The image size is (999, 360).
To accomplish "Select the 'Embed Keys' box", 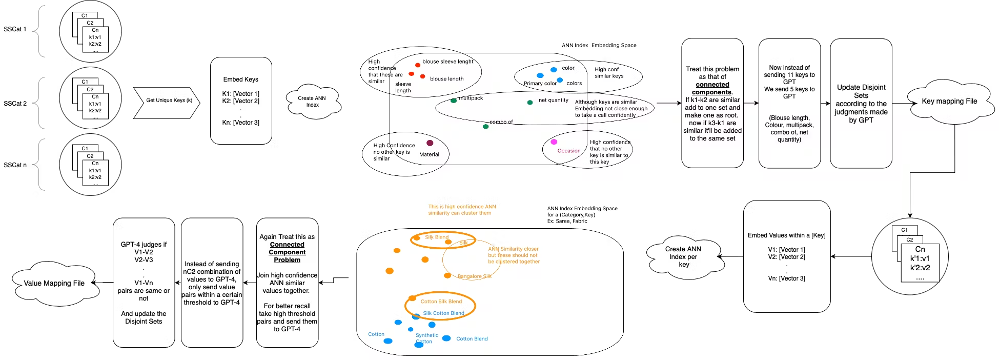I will click(x=241, y=101).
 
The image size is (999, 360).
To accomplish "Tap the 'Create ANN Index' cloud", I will click(x=312, y=102).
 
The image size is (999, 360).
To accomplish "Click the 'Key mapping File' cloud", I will click(x=949, y=102).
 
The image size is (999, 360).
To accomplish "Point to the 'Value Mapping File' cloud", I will click(x=54, y=283).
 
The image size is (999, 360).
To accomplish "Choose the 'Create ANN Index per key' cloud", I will click(x=683, y=256).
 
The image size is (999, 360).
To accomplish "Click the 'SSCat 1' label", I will click(x=15, y=29).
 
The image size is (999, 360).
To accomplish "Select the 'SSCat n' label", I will click(x=15, y=165).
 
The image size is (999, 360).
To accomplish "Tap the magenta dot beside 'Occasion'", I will click(x=554, y=142).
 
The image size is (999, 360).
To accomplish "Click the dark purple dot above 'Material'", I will click(x=430, y=143).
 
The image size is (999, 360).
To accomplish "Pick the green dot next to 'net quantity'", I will click(x=529, y=103).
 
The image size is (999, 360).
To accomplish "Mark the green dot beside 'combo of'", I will click(x=485, y=126).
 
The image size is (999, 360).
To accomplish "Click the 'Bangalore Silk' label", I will click(x=474, y=276).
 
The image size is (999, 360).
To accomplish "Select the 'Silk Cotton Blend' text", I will click(x=443, y=313).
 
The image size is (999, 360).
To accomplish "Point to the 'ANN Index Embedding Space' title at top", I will click(x=599, y=46).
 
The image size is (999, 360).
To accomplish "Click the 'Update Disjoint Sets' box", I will click(x=861, y=103).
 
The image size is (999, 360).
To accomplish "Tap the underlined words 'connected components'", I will click(x=712, y=88).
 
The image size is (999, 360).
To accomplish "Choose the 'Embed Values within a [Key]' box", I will click(x=786, y=256).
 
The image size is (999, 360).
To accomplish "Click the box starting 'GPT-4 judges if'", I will click(x=144, y=283).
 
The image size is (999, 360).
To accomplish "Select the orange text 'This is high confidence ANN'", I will click(x=462, y=207).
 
